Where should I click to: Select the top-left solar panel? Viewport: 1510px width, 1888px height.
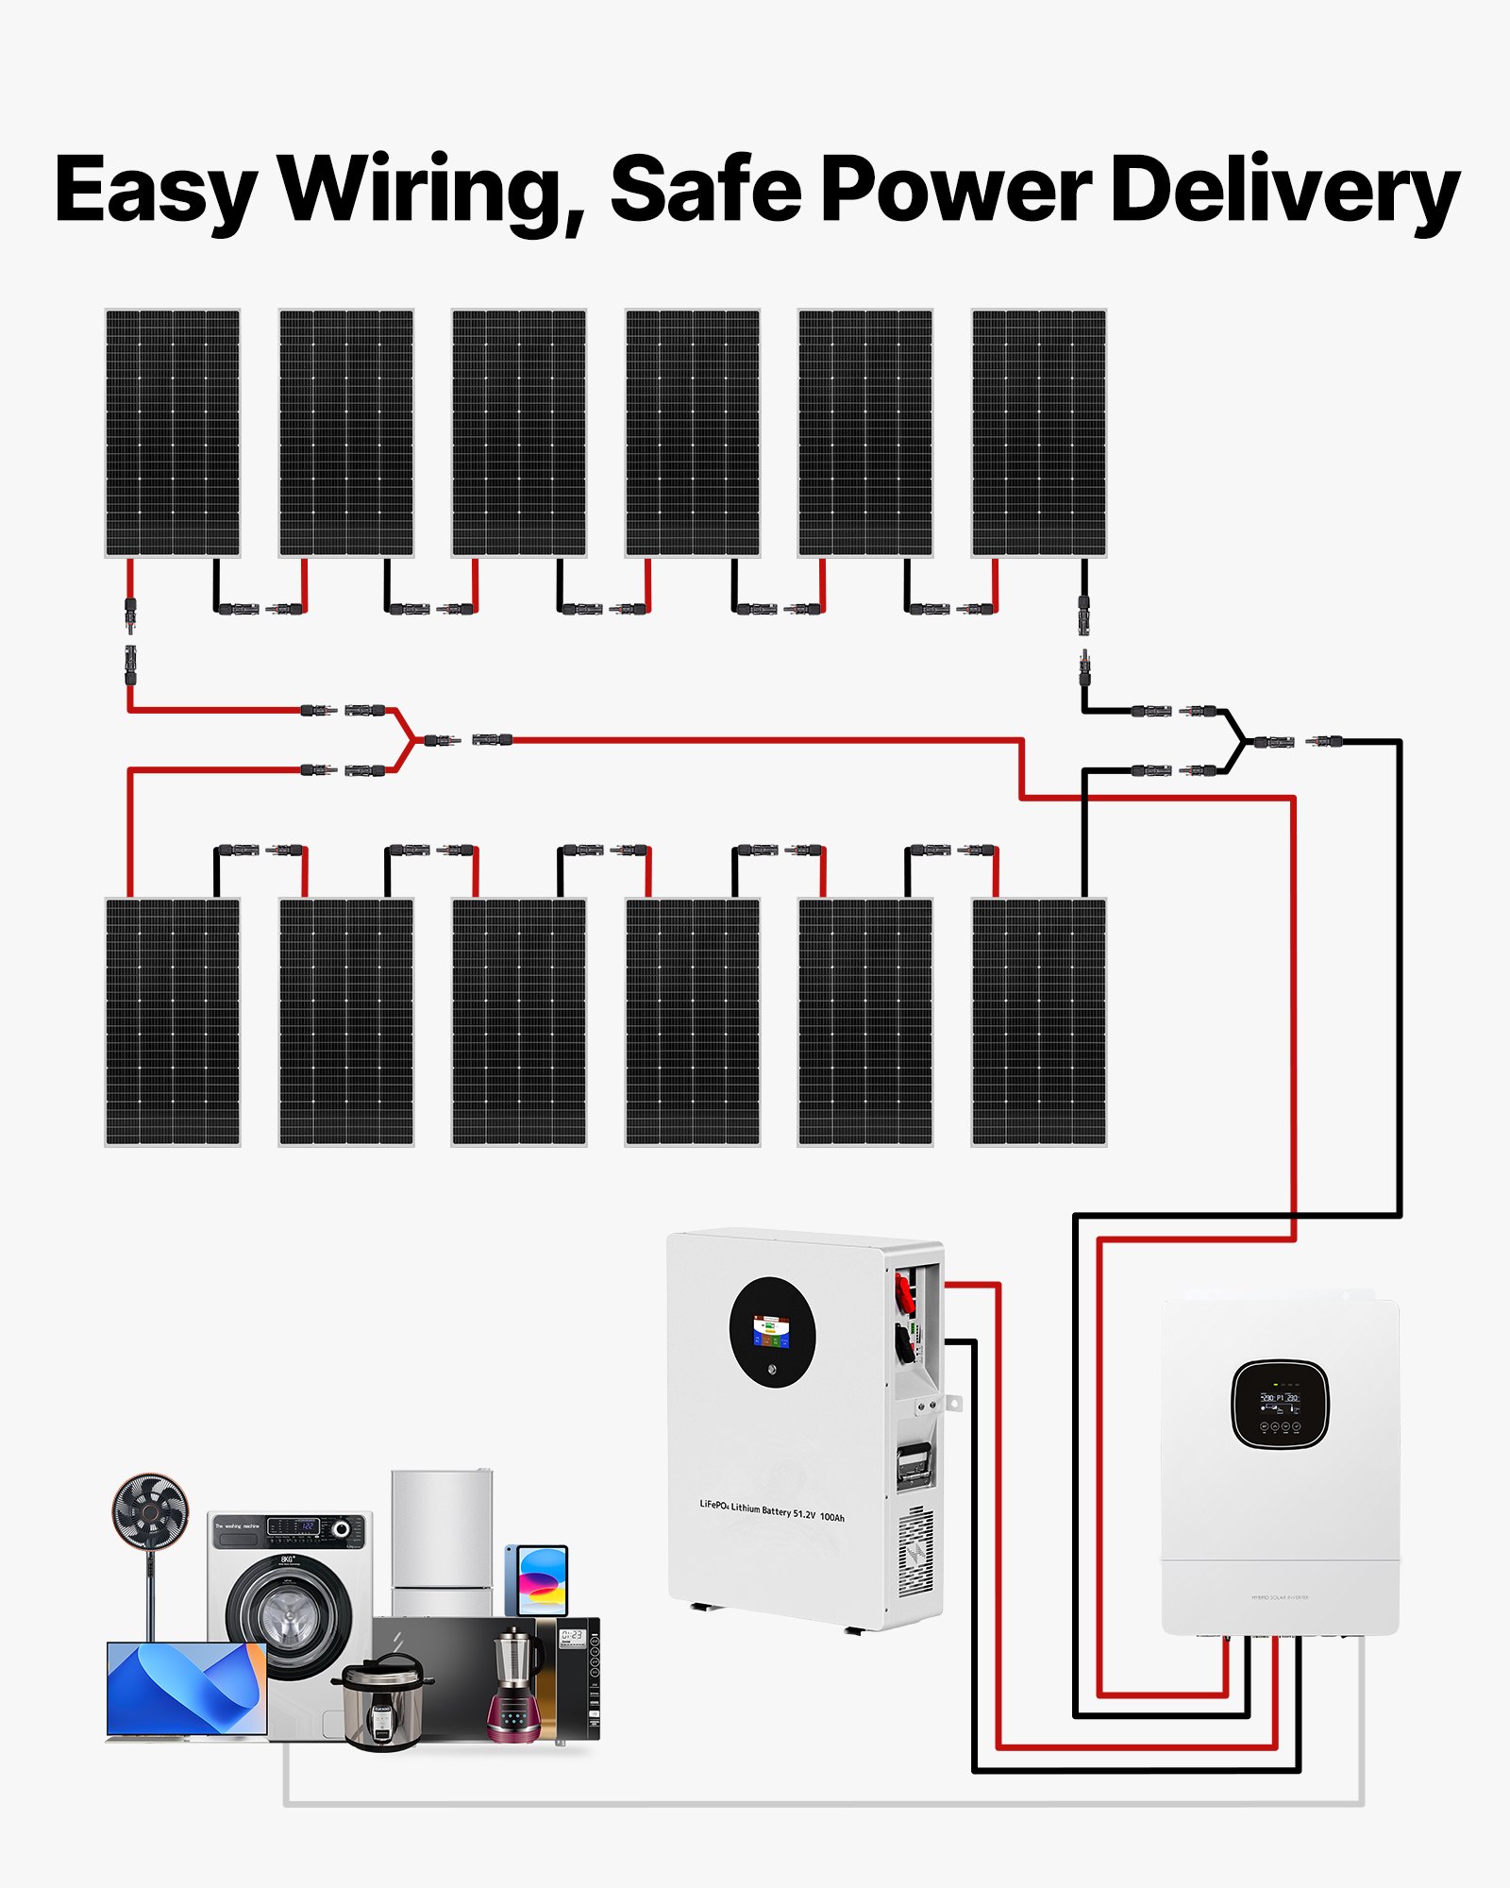(173, 432)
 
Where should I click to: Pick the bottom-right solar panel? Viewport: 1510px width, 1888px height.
(1038, 1021)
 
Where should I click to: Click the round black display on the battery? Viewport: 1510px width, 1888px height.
(772, 1332)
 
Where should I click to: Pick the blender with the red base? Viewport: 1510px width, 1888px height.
(514, 1690)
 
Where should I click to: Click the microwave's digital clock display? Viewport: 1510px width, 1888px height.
(572, 1636)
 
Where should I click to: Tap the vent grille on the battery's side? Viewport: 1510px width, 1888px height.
(914, 1554)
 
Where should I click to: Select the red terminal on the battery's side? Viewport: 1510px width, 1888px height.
(903, 1291)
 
